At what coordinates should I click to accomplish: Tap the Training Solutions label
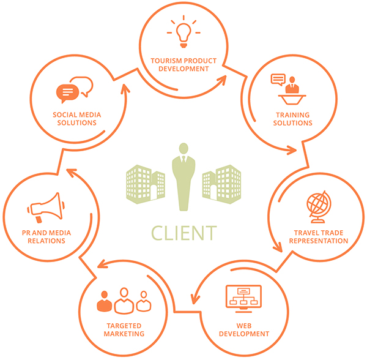click(x=292, y=119)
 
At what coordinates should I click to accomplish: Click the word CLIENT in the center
click(x=183, y=233)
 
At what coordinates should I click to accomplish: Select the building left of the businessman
click(x=145, y=181)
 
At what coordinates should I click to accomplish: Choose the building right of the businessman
click(x=221, y=181)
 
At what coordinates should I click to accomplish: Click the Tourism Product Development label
click(x=183, y=65)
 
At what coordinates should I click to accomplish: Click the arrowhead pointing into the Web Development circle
click(x=195, y=299)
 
